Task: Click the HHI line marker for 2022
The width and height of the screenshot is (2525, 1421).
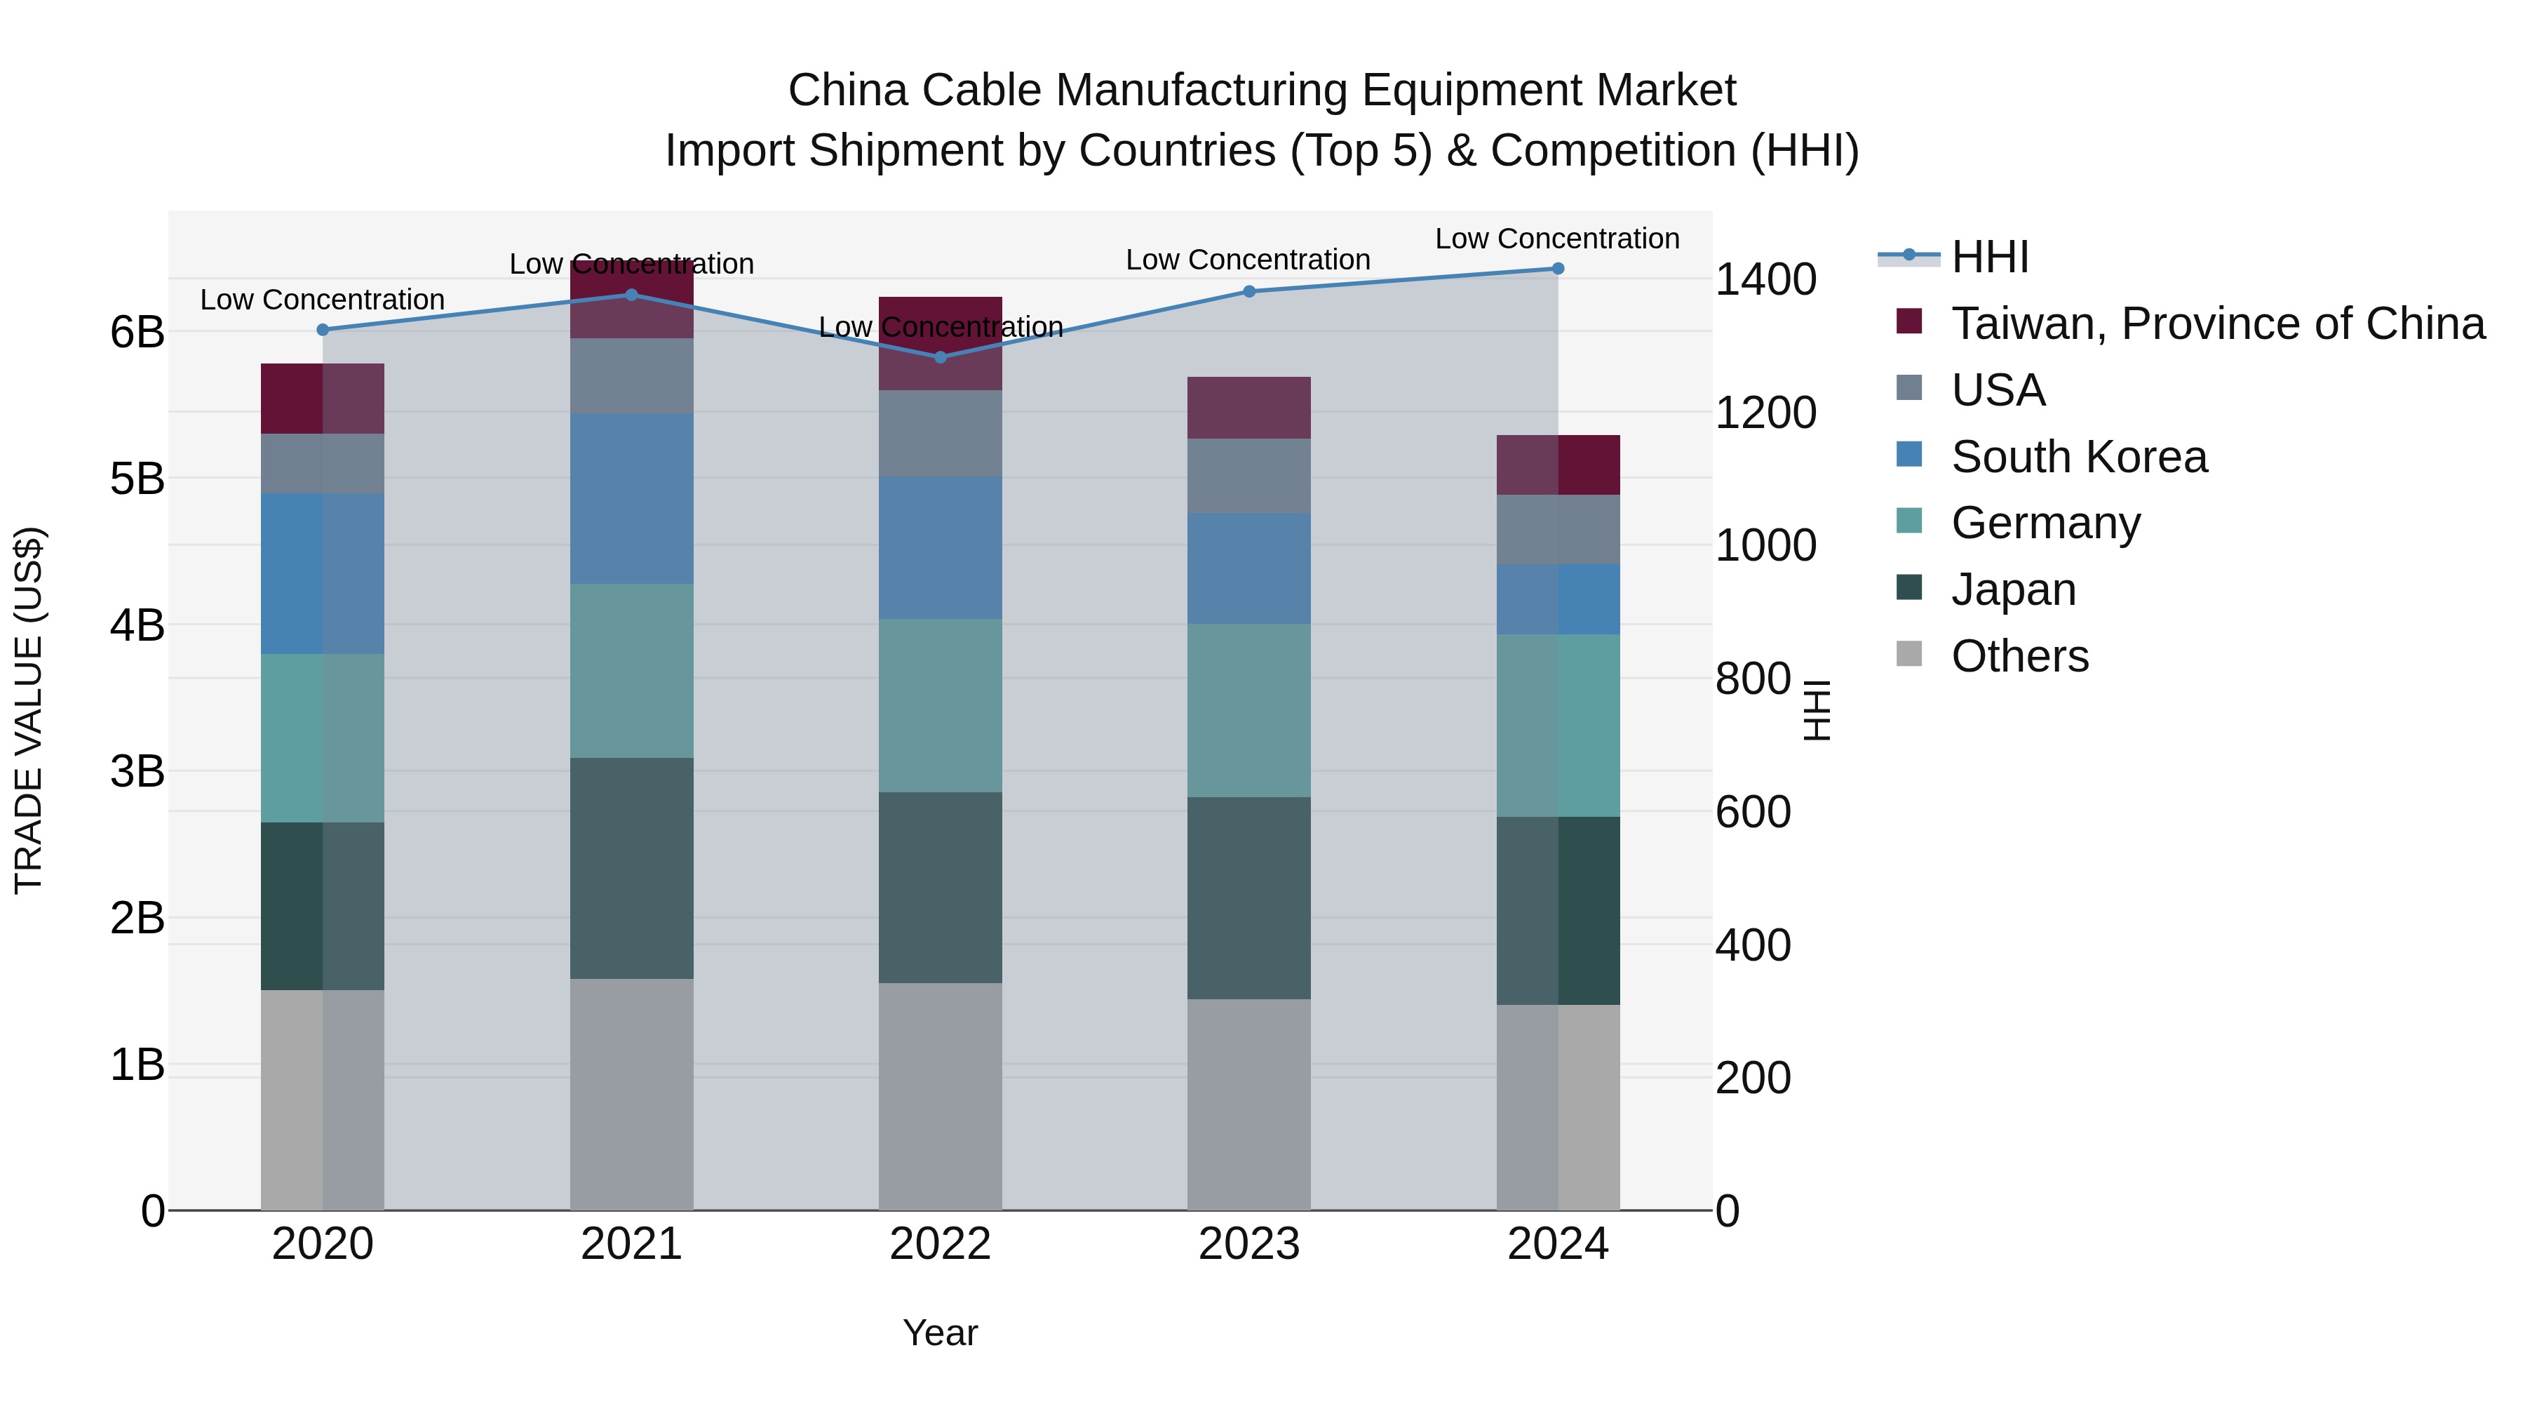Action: pyautogui.click(x=940, y=357)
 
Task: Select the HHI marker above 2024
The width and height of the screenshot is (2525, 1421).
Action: pyautogui.click(x=1558, y=269)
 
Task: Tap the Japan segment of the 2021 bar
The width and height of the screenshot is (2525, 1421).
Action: pyautogui.click(x=631, y=868)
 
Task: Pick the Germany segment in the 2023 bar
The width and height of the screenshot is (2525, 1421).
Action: pyautogui.click(x=1248, y=710)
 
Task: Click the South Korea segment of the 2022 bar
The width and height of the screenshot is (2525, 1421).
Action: pyautogui.click(x=940, y=547)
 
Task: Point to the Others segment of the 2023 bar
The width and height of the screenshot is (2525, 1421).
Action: pyautogui.click(x=1248, y=1105)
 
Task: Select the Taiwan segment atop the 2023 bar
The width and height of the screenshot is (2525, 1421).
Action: pyautogui.click(x=1248, y=407)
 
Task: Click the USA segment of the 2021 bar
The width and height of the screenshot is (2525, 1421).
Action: pyautogui.click(x=631, y=375)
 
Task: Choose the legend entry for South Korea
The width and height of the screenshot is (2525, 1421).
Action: pyautogui.click(x=2078, y=457)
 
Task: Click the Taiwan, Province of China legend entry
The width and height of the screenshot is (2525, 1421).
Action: pyautogui.click(x=2217, y=323)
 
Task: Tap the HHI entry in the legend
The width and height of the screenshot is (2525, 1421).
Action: pyautogui.click(x=1989, y=257)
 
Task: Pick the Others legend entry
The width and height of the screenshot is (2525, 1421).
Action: pyautogui.click(x=2019, y=656)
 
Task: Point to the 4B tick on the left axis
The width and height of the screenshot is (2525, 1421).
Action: pyautogui.click(x=137, y=625)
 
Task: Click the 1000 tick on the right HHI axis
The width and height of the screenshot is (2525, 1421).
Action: pyautogui.click(x=1765, y=545)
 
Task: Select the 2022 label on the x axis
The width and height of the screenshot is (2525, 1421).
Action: pyautogui.click(x=940, y=1244)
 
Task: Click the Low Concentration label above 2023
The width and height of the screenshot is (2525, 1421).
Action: pyautogui.click(x=1248, y=260)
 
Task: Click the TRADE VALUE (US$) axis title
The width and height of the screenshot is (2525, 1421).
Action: pyautogui.click(x=29, y=710)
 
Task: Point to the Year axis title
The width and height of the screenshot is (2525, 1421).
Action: pyautogui.click(x=940, y=1333)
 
